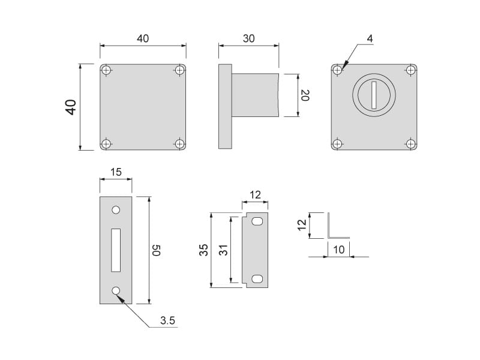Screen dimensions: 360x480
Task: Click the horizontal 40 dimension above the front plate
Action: pyautogui.click(x=143, y=38)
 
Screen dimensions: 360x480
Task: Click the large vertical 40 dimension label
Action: pyautogui.click(x=71, y=107)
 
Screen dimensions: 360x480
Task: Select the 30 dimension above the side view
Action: pyautogui.click(x=248, y=38)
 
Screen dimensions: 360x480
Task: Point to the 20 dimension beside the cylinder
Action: pyautogui.click(x=305, y=95)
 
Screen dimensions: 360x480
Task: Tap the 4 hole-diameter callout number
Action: pyautogui.click(x=370, y=38)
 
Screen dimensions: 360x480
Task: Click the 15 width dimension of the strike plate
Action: pyautogui.click(x=116, y=172)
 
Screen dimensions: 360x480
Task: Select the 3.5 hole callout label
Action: pyautogui.click(x=167, y=321)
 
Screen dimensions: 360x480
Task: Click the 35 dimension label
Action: pyautogui.click(x=203, y=250)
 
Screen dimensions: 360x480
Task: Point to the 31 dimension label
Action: pyautogui.click(x=223, y=250)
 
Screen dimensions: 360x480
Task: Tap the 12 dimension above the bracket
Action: pyautogui.click(x=256, y=194)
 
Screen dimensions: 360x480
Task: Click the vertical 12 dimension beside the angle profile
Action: pyautogui.click(x=302, y=225)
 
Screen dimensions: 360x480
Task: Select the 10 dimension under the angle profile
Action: pyautogui.click(x=338, y=250)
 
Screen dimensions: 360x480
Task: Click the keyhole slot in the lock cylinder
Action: pyautogui.click(x=374, y=95)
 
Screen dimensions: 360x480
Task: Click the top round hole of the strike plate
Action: pyautogui.click(x=116, y=211)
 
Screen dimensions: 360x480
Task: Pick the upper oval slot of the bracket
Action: pyautogui.click(x=257, y=222)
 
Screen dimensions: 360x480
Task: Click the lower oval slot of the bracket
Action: pyautogui.click(x=257, y=279)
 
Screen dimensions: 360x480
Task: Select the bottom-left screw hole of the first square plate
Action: pyautogui.click(x=106, y=143)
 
